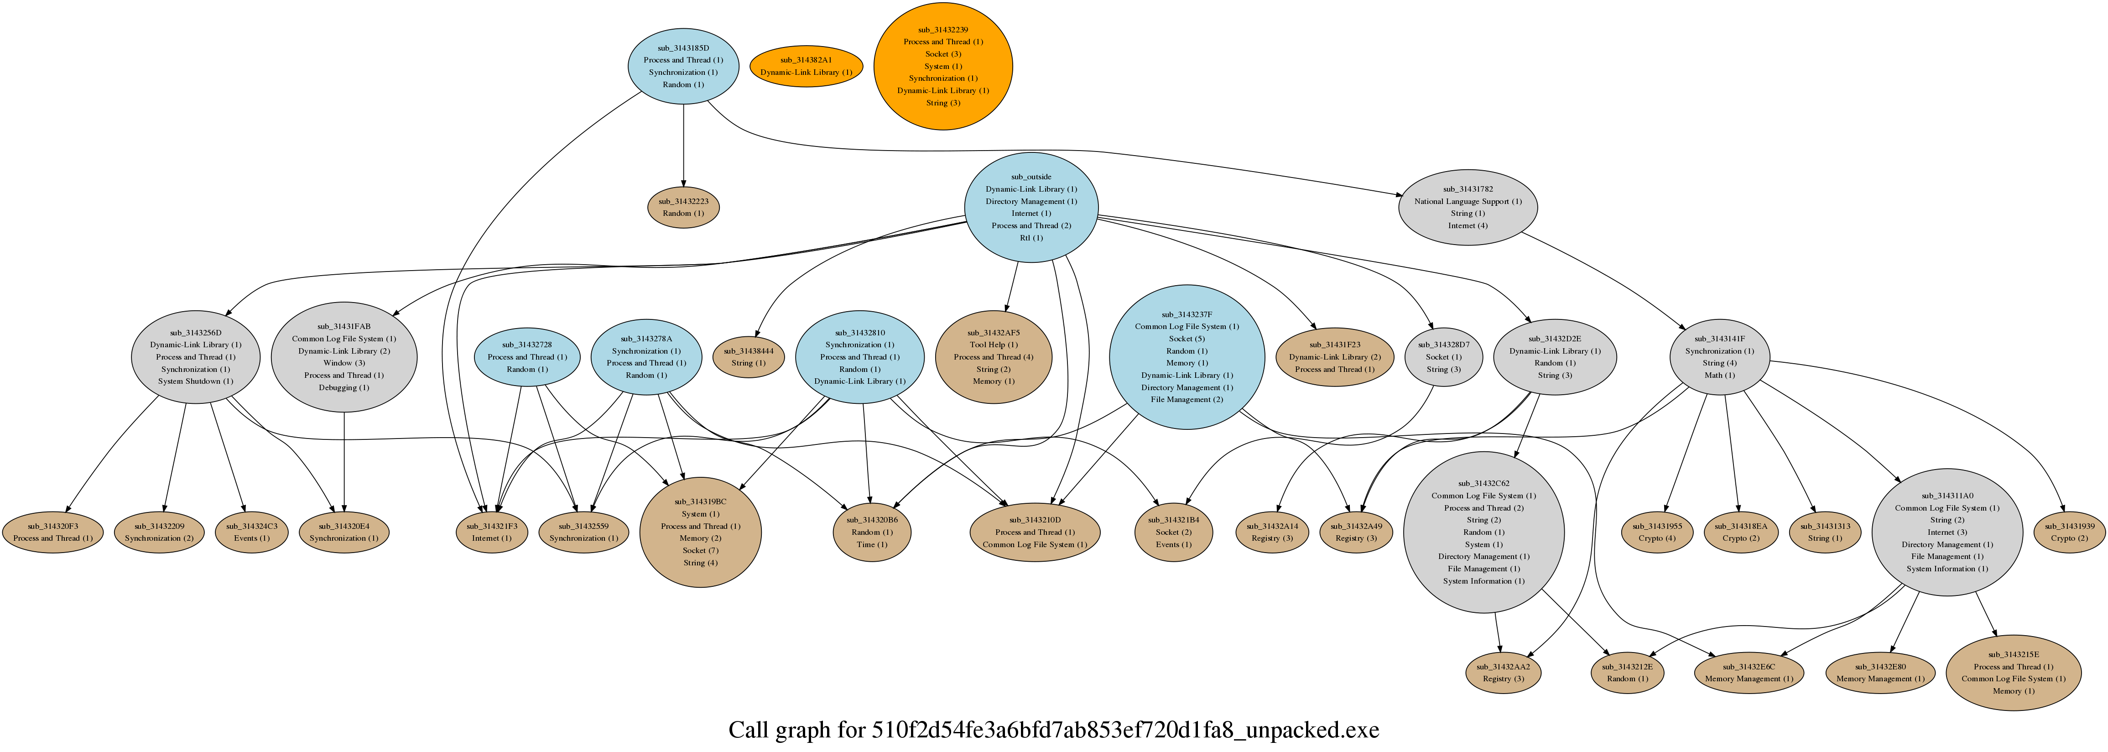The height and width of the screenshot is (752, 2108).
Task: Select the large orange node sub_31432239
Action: [943, 66]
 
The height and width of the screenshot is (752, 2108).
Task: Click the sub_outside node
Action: [1031, 207]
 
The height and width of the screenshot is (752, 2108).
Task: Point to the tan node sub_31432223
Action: [683, 207]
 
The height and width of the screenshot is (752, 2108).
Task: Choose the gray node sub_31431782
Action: [1467, 207]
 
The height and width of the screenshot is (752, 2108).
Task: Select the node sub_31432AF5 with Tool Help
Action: [994, 357]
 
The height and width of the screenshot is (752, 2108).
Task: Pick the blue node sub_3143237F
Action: [1187, 357]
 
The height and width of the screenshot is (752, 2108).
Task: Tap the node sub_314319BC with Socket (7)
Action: [701, 532]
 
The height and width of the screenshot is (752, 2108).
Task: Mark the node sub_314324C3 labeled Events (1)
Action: [251, 532]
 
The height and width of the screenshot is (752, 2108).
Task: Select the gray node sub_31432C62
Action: [1483, 532]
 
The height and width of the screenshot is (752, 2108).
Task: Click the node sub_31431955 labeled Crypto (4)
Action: [1657, 532]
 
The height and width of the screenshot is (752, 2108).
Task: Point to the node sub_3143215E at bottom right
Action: [2013, 673]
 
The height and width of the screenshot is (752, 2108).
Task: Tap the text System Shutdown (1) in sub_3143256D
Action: [196, 381]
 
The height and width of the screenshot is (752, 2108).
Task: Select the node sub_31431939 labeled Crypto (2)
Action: [2070, 532]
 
